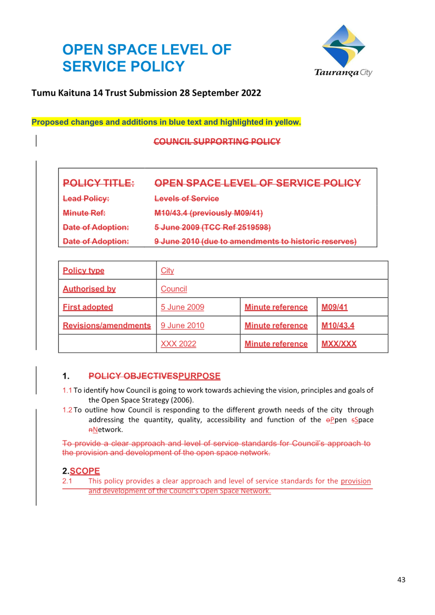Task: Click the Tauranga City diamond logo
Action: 343,46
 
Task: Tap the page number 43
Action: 401,579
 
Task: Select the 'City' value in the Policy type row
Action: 167,271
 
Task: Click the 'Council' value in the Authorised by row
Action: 174,289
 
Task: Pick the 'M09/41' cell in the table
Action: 334,307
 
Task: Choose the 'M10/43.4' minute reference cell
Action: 338,325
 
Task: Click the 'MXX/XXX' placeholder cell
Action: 339,344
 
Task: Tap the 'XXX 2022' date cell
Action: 178,344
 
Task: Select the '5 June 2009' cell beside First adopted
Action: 183,307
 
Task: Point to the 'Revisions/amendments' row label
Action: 107,325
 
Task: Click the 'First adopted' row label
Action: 88,307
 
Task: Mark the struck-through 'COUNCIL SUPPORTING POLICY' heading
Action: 217,142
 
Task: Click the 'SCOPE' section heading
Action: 85,471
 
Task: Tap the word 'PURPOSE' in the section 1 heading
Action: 199,376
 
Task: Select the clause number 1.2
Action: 67,410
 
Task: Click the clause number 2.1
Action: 67,481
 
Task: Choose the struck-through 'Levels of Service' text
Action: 187,199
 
